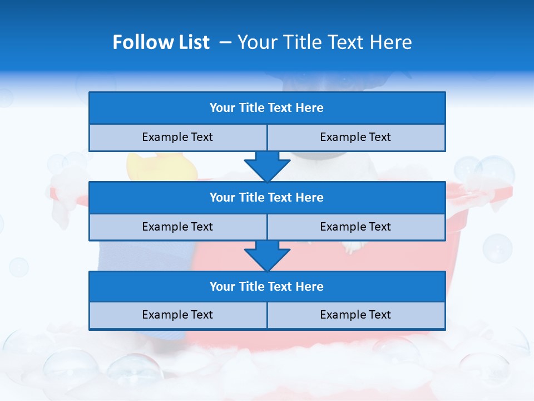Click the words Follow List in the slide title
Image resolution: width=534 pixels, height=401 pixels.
[161, 42]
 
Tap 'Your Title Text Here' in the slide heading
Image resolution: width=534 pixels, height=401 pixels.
[324, 42]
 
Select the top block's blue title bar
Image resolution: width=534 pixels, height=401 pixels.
[267, 108]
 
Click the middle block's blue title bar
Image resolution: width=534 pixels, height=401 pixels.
[267, 197]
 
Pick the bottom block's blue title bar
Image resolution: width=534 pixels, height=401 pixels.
[267, 286]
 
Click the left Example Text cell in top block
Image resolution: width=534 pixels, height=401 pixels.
[177, 137]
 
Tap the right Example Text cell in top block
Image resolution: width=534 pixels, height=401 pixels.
[355, 137]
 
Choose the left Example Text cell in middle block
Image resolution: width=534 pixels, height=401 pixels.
[177, 227]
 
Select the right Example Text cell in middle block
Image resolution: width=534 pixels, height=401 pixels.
[355, 227]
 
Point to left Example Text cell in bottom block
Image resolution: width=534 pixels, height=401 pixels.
[177, 315]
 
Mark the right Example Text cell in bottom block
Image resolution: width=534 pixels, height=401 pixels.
[355, 315]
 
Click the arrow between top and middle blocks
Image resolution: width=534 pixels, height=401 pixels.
[267, 166]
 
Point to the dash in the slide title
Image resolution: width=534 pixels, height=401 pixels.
[225, 42]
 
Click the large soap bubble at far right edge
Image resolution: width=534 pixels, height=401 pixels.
[497, 247]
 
